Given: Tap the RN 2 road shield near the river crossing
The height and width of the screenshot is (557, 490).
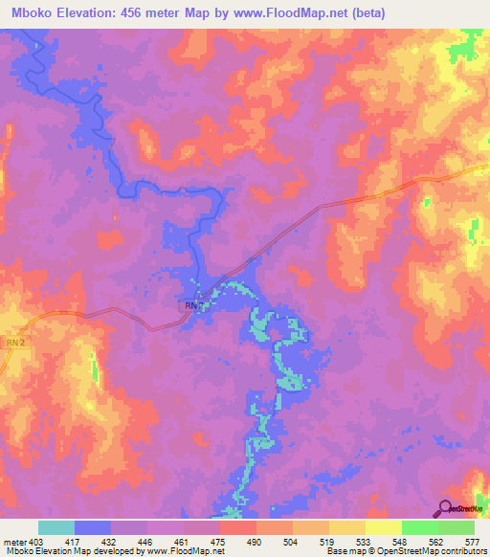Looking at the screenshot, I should (x=192, y=305).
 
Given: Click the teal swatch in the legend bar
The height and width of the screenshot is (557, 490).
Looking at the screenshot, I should (x=56, y=527).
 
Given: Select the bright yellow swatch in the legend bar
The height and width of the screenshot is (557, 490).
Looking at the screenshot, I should (x=383, y=527).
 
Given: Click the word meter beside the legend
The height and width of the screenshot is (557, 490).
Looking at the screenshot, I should (x=13, y=542).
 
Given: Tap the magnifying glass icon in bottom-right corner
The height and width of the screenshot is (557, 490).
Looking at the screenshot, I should (x=446, y=508).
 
